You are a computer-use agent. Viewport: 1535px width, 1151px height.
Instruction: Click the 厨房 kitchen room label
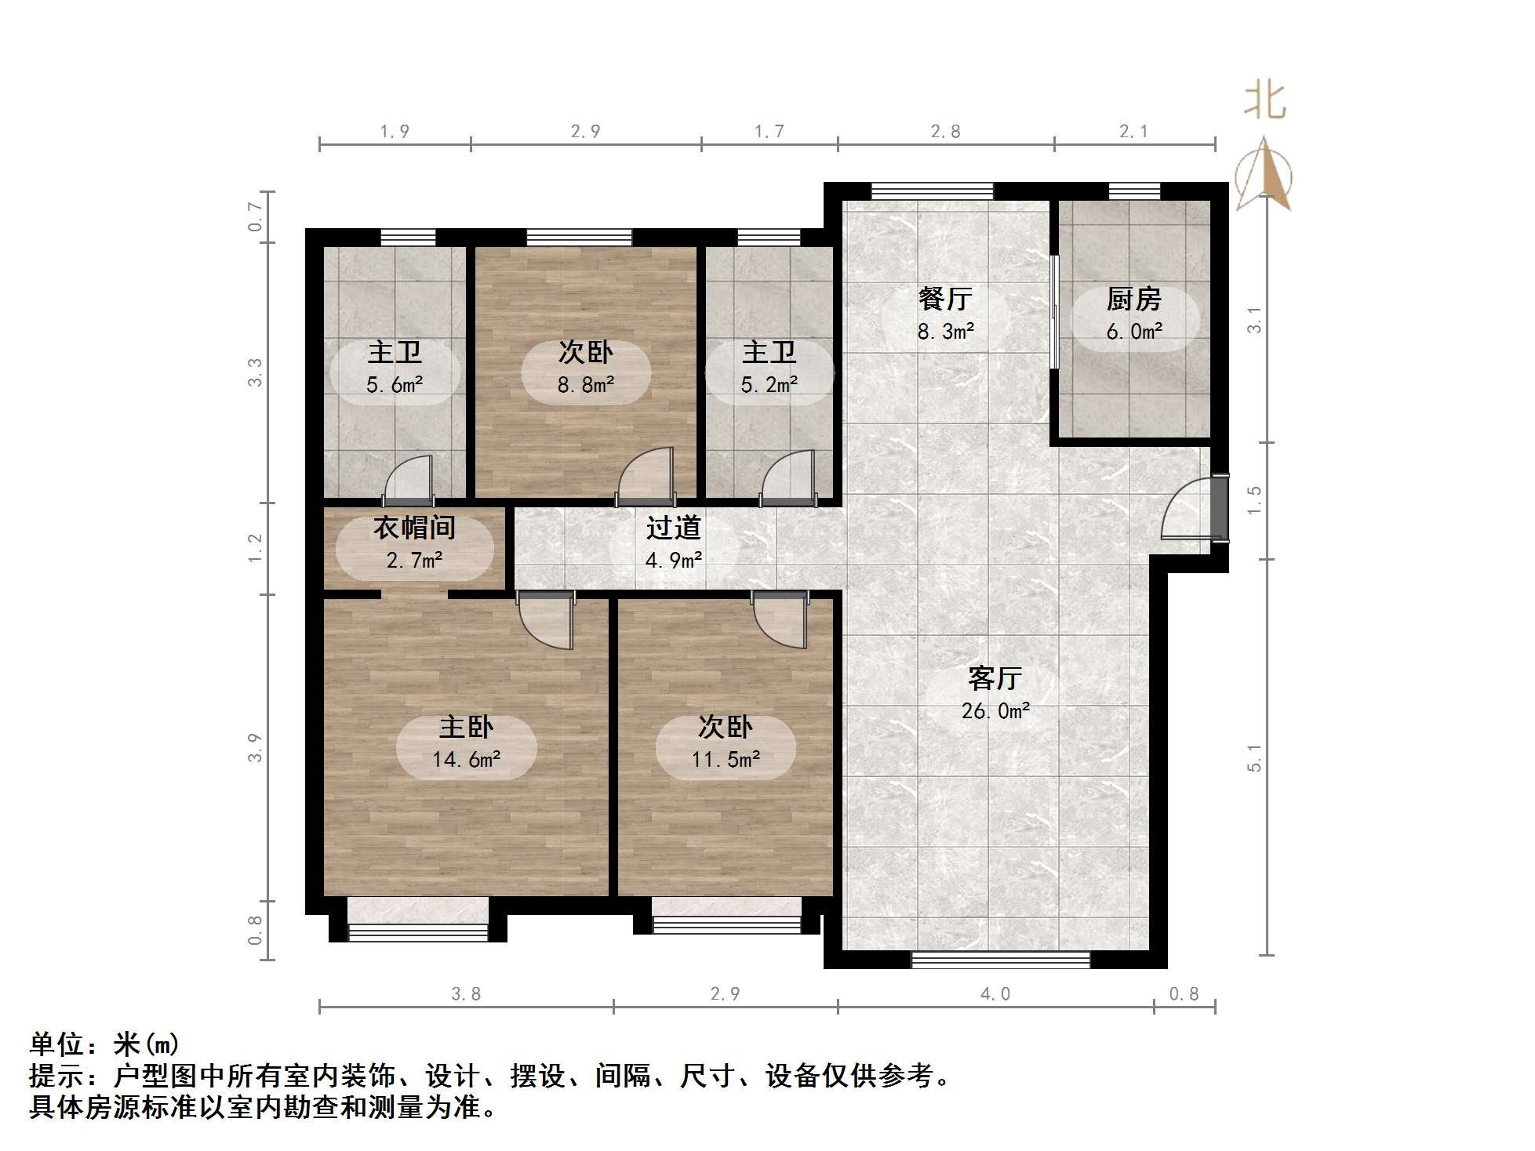(1133, 299)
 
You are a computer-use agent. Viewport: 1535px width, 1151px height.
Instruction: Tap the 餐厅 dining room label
(945, 299)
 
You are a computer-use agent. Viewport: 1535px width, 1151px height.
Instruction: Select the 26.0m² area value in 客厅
(995, 711)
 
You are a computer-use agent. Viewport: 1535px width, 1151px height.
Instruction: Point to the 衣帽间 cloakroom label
(414, 528)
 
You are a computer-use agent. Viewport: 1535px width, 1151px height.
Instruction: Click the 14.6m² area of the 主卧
(466, 760)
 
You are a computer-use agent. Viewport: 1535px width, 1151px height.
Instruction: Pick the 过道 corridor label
(673, 528)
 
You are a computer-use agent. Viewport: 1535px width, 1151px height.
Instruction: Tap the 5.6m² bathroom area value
(395, 385)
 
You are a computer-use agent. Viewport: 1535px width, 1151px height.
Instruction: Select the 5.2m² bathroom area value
(769, 385)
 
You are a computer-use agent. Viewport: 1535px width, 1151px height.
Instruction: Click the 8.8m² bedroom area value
(585, 385)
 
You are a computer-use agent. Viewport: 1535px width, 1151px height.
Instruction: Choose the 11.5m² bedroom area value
(726, 760)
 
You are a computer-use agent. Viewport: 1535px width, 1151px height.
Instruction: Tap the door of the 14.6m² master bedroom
(549, 619)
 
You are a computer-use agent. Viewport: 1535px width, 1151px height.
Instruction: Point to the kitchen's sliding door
(1055, 311)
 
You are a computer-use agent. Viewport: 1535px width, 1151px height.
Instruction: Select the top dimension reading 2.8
(945, 132)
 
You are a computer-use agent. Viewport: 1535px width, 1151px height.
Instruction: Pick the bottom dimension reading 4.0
(995, 994)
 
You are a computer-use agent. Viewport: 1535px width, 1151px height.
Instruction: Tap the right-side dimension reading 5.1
(1254, 758)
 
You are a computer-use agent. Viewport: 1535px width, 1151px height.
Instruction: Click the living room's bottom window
(1001, 960)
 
